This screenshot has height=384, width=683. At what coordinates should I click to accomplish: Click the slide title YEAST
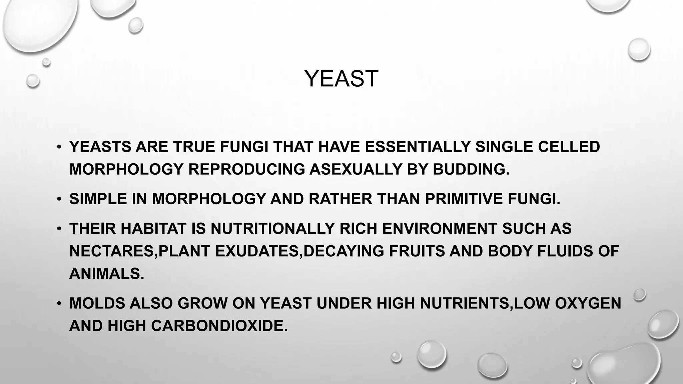(x=341, y=79)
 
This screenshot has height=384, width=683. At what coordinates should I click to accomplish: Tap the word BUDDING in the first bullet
(x=471, y=169)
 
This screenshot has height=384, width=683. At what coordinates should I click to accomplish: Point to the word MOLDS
(x=97, y=303)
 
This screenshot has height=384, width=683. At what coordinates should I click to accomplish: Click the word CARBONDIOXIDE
(x=219, y=326)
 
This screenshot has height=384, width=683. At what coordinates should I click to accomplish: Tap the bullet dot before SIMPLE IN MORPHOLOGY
(x=59, y=199)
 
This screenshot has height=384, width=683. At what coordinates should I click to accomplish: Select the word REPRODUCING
(x=246, y=169)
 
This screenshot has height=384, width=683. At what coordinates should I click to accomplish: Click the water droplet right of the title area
(x=639, y=49)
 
